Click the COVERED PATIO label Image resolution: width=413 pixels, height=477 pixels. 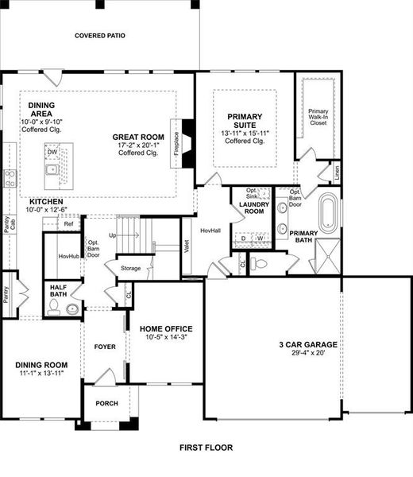[100, 36]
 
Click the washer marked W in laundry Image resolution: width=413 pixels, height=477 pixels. [260, 238]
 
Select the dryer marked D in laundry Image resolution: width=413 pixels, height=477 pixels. [244, 238]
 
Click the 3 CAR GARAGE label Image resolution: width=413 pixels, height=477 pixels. [307, 344]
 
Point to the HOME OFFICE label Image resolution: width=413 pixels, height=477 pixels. [167, 328]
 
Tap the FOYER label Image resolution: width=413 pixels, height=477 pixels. [105, 346]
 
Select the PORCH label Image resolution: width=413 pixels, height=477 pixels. [106, 404]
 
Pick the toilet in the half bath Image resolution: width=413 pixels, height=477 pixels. [72, 308]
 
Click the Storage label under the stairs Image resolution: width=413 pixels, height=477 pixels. [130, 269]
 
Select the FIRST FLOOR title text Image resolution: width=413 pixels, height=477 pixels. [206, 448]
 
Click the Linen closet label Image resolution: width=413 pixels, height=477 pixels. [338, 173]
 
